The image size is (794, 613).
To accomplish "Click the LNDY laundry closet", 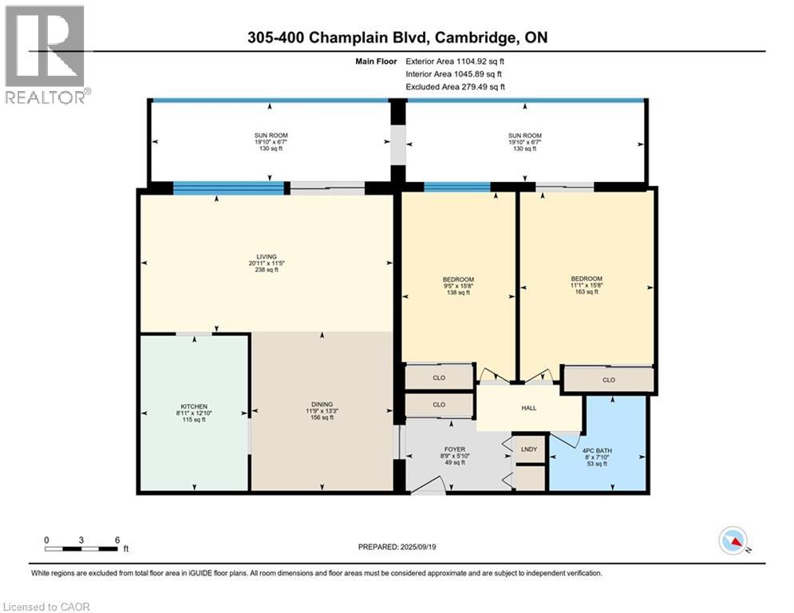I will (x=530, y=449).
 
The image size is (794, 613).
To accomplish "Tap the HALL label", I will (x=528, y=407).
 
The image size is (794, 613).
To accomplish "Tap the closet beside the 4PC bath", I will (x=609, y=380).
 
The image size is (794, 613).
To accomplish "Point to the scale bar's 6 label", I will (x=117, y=540).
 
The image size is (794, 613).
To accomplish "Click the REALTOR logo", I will (x=45, y=54).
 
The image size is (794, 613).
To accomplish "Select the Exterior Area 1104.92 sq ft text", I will (x=455, y=61).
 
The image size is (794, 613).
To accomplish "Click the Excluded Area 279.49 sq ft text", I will (x=455, y=87).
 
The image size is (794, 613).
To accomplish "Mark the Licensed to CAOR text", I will (x=47, y=607).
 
